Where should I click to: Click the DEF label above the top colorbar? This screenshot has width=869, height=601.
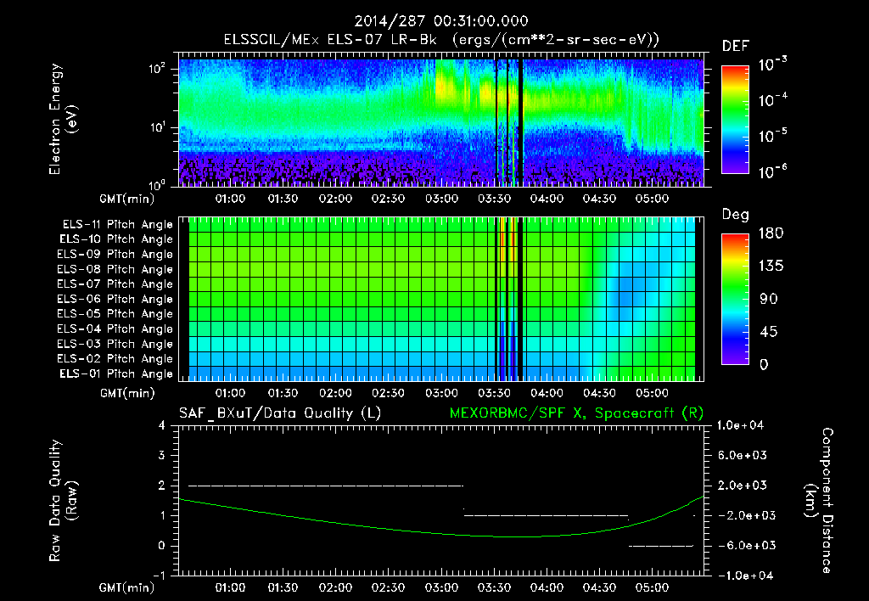[736, 46]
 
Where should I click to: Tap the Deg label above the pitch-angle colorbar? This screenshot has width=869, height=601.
[735, 215]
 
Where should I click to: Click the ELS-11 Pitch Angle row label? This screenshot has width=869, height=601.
[115, 225]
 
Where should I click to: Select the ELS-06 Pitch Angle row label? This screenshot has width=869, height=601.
[115, 299]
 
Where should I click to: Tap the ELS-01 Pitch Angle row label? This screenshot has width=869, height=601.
[115, 374]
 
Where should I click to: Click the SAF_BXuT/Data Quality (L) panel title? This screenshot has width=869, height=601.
[279, 413]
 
